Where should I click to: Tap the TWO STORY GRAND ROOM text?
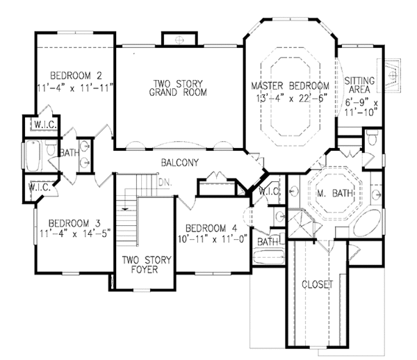pyautogui.click(x=179, y=89)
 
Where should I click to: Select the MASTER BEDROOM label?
pyautogui.click(x=290, y=85)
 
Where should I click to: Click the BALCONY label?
pyautogui.click(x=179, y=163)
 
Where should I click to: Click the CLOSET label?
pyautogui.click(x=318, y=284)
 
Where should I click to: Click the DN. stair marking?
pyautogui.click(x=165, y=182)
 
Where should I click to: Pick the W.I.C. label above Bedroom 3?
pyautogui.click(x=39, y=187)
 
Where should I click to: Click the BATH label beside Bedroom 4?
pyautogui.click(x=268, y=241)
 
